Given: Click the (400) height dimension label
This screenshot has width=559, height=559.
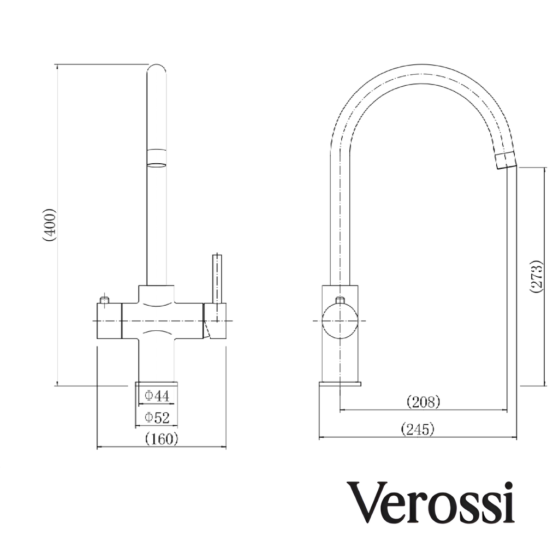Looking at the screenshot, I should (49, 224).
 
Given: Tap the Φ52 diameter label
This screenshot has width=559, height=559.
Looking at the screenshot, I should (157, 418).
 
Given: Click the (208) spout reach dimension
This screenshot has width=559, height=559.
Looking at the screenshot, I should (424, 402).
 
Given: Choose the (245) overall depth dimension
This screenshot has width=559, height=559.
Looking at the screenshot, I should (418, 430).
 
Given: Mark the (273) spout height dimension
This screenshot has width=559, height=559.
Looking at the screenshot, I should (537, 276).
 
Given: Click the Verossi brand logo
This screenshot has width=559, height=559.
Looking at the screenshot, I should (431, 503).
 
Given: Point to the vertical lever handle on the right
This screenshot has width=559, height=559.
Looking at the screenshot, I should (217, 278).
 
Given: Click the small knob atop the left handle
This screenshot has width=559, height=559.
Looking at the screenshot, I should (104, 300).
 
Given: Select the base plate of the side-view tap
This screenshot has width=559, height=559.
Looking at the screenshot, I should (340, 384).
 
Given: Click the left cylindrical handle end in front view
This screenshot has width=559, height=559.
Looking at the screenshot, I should (109, 321).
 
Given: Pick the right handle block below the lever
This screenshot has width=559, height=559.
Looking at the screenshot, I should (215, 321).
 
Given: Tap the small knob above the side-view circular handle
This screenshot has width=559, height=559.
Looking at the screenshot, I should (340, 300).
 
